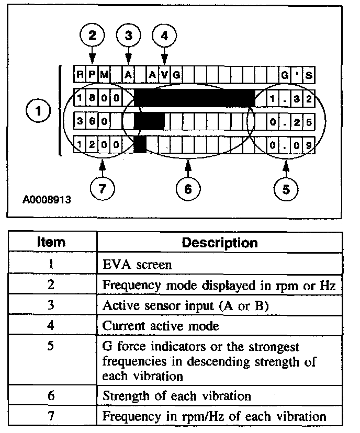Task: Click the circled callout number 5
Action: [286, 188]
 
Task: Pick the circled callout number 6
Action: [187, 188]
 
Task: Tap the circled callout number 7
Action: [102, 188]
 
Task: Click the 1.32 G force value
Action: [290, 98]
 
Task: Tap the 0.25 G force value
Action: [290, 122]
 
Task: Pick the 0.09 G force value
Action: [290, 144]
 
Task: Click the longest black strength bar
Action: [195, 98]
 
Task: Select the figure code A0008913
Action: [47, 199]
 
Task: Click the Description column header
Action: [219, 243]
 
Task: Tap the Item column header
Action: [51, 243]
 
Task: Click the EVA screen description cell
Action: [137, 265]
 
